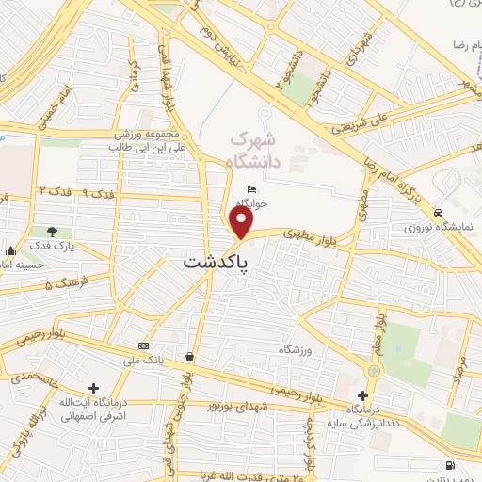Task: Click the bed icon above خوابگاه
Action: (250, 189)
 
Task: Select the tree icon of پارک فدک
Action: (52, 232)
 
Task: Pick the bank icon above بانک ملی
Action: (143, 345)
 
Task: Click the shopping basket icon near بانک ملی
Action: (191, 357)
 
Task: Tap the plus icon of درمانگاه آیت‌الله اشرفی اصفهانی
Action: (92, 388)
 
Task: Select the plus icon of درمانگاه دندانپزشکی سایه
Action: (363, 395)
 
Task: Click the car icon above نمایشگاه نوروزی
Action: (438, 214)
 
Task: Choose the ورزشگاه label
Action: (294, 349)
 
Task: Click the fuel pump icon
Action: (453, 466)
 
